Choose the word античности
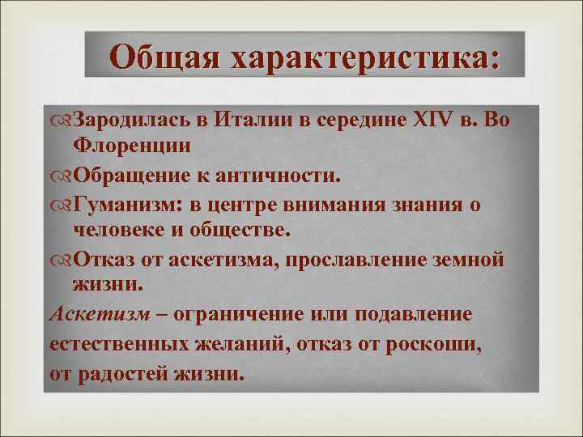[x=290, y=175]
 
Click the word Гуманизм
[x=121, y=204]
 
